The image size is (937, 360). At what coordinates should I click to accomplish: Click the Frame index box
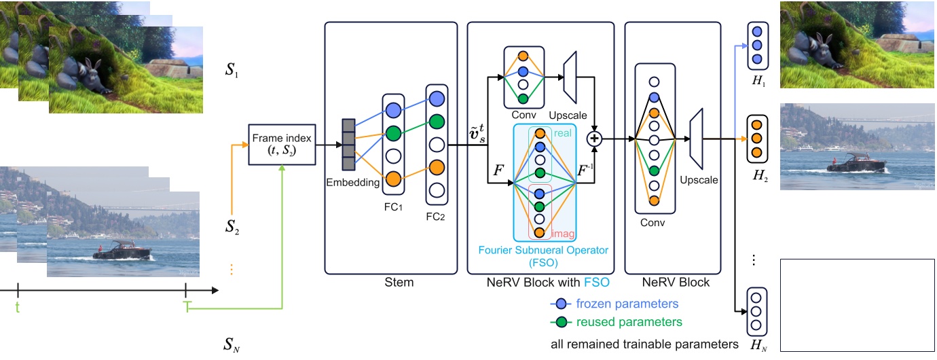[282, 144]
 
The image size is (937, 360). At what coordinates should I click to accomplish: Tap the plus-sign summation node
[595, 139]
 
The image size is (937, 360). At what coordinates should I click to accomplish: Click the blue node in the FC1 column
[393, 110]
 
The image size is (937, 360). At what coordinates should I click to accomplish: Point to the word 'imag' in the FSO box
[563, 234]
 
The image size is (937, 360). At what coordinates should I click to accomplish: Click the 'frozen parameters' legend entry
[627, 304]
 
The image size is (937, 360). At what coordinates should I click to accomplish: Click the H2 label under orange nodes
[759, 175]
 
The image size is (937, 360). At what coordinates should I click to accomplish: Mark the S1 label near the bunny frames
[232, 71]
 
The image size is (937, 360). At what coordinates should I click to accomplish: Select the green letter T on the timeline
[187, 307]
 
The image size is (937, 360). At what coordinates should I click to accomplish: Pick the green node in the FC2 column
[436, 121]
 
